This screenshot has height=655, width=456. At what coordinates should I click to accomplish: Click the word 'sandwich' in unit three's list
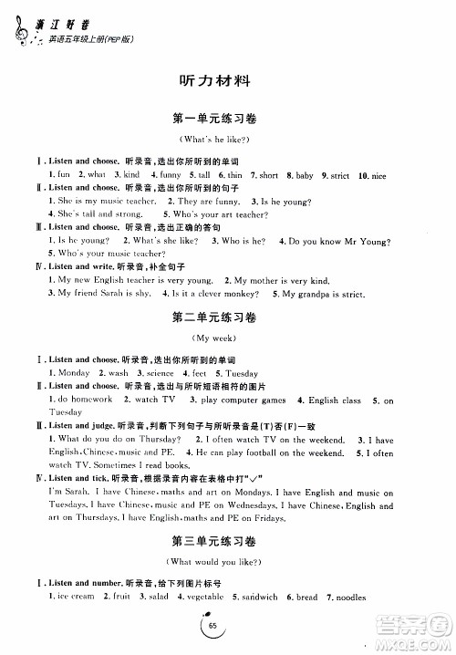(258, 598)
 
